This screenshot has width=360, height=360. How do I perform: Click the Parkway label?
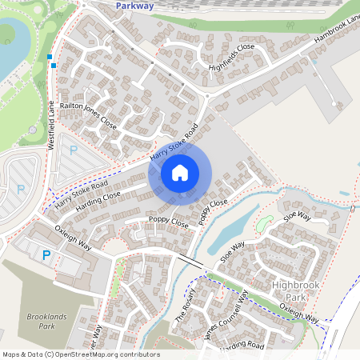coord(134,5)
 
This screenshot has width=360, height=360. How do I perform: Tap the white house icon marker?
coord(180,172)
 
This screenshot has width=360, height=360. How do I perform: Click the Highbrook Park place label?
coord(295,291)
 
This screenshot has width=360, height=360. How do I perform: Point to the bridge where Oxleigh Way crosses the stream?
coord(190,261)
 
